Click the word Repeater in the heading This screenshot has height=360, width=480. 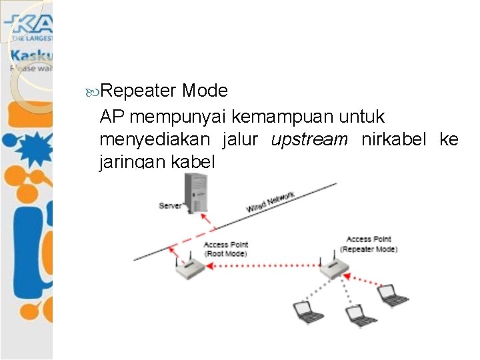click(x=139, y=91)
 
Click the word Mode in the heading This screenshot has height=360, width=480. click(x=204, y=91)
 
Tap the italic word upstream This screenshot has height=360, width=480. click(x=309, y=140)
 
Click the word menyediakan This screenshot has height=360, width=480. click(x=155, y=140)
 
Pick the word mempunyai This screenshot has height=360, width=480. click(x=180, y=117)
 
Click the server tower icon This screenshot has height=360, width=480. click(x=197, y=191)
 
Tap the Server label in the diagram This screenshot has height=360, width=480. click(x=170, y=205)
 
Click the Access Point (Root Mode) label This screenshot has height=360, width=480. click(x=225, y=249)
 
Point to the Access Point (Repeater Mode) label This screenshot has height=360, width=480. click(x=369, y=244)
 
